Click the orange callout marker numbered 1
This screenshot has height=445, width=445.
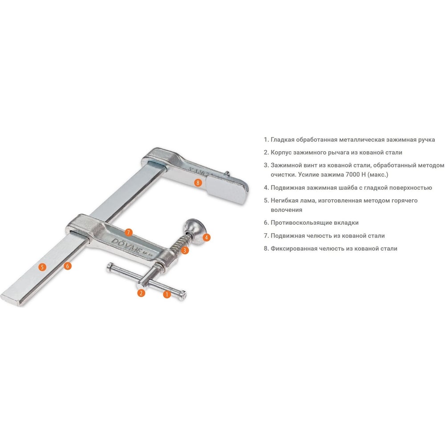[x=167, y=294]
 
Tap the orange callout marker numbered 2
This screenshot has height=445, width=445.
[x=141, y=293]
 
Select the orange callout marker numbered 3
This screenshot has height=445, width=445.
[x=185, y=250]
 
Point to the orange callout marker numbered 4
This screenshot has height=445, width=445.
[x=206, y=238]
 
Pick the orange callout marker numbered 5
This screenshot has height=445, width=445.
[x=42, y=267]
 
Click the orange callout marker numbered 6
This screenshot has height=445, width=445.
[x=68, y=266]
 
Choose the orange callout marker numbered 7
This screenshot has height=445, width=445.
[x=129, y=233]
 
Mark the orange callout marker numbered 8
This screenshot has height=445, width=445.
[x=198, y=182]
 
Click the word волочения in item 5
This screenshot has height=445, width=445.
[x=286, y=210]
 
